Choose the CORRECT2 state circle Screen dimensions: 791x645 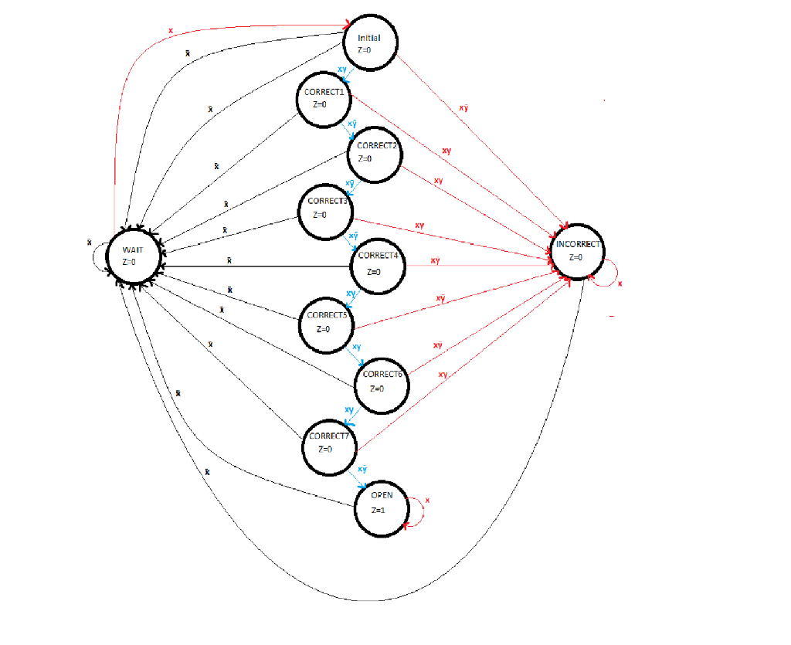[x=374, y=153]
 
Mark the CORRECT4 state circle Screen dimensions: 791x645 [x=376, y=265]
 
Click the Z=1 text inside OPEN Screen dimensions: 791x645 [x=378, y=511]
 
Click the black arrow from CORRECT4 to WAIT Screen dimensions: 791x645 [x=255, y=266]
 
